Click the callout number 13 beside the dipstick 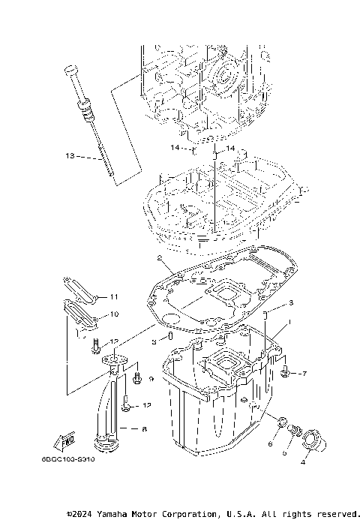[70, 157]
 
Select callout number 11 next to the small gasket [114, 296]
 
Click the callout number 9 [151, 380]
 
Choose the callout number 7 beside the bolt [304, 373]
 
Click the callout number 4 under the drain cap [304, 463]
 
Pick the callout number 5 [284, 453]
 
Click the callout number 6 [270, 444]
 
